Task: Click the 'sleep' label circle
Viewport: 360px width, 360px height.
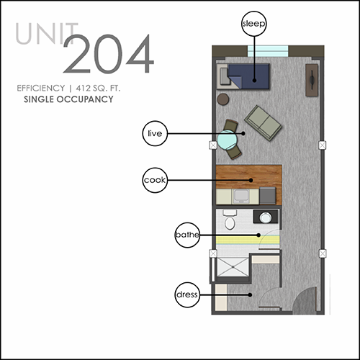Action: point(254,24)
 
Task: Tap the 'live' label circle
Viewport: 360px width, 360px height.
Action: point(155,133)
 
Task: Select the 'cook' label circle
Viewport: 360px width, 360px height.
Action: point(155,180)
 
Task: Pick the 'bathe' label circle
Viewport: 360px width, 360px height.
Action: point(187,235)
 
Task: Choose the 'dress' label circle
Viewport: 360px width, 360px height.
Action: point(187,294)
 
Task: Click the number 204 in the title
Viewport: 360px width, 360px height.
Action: point(109,54)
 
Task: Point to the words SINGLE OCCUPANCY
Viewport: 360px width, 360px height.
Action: point(68,99)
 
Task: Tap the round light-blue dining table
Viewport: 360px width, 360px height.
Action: point(227,140)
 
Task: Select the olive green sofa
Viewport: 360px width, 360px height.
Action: point(263,122)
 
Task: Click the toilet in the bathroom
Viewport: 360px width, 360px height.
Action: point(230,220)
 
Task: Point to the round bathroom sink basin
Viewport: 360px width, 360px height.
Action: point(266,217)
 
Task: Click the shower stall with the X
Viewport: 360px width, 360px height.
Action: point(233,267)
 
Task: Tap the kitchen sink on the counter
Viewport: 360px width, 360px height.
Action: point(242,197)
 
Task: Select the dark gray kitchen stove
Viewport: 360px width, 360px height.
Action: point(268,196)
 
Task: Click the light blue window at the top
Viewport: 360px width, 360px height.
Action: point(268,51)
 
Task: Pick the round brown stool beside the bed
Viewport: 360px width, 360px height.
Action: point(223,99)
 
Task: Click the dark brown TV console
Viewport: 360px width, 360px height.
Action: point(312,80)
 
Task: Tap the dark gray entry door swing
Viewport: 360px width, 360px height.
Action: point(305,300)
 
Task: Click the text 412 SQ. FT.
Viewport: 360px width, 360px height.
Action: point(98,89)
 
